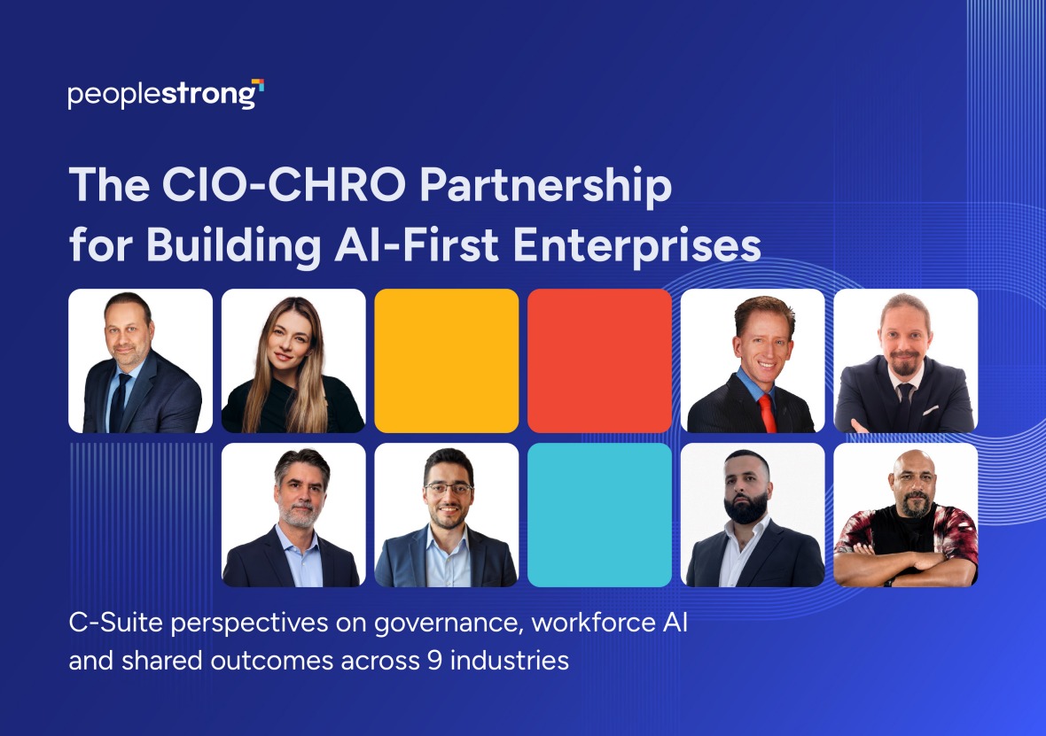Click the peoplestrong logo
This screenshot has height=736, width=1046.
pyautogui.click(x=166, y=94)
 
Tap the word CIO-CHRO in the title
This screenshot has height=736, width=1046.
pyautogui.click(x=284, y=184)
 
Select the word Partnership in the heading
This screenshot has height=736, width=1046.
pyautogui.click(x=545, y=187)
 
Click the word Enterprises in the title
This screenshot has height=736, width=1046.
pyautogui.click(x=637, y=247)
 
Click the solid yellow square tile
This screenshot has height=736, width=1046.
pyautogui.click(x=446, y=360)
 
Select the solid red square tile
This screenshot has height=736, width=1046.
pyautogui.click(x=599, y=360)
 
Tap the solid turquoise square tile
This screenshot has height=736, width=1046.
pyautogui.click(x=599, y=515)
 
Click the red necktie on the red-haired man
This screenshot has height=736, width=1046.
pyautogui.click(x=767, y=414)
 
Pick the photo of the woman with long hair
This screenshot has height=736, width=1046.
pyautogui.click(x=293, y=360)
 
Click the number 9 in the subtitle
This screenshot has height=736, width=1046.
pyautogui.click(x=434, y=662)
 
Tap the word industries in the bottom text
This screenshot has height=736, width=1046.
pyautogui.click(x=510, y=661)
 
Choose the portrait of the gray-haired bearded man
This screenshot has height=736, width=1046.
pyautogui.click(x=293, y=515)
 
